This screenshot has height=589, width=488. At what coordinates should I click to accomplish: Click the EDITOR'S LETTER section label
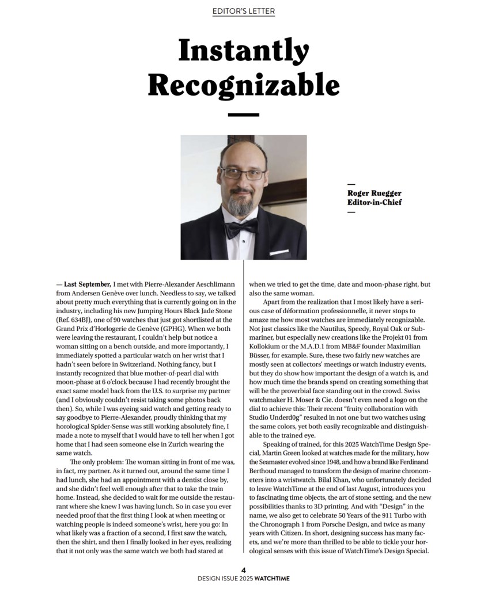(x=244, y=11)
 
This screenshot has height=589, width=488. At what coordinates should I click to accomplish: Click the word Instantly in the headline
(x=243, y=51)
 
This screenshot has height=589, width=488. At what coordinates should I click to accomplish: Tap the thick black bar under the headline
(x=244, y=115)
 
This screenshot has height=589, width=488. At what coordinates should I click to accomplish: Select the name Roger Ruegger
(x=374, y=193)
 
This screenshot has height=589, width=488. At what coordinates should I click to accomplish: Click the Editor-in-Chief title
(x=374, y=202)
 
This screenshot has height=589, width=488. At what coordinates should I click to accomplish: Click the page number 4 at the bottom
(x=244, y=570)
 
